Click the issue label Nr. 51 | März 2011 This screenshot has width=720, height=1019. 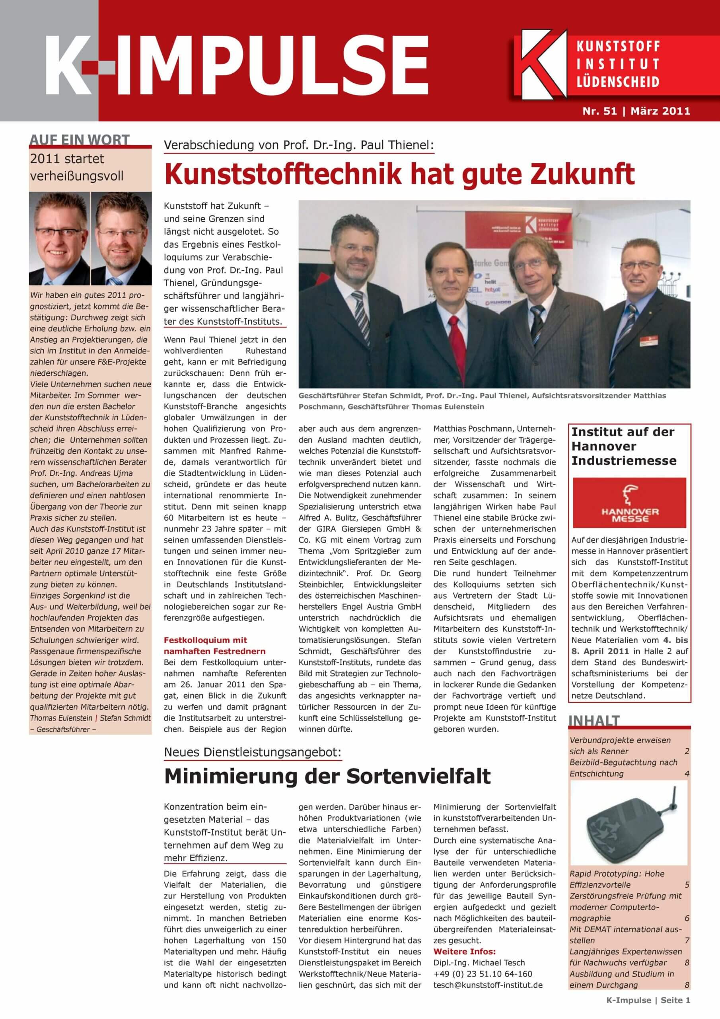[636, 111]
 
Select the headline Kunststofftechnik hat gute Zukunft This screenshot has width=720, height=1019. [399, 174]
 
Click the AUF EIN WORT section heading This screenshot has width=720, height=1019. [80, 140]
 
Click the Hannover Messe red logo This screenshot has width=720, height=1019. [629, 502]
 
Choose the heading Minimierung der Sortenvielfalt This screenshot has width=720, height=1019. [327, 776]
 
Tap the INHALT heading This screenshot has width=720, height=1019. [594, 721]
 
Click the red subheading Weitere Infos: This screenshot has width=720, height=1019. [465, 951]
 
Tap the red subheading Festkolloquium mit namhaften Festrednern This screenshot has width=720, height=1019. [215, 646]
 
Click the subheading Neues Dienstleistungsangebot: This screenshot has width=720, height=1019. [253, 752]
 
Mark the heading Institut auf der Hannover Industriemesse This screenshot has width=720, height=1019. [623, 446]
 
